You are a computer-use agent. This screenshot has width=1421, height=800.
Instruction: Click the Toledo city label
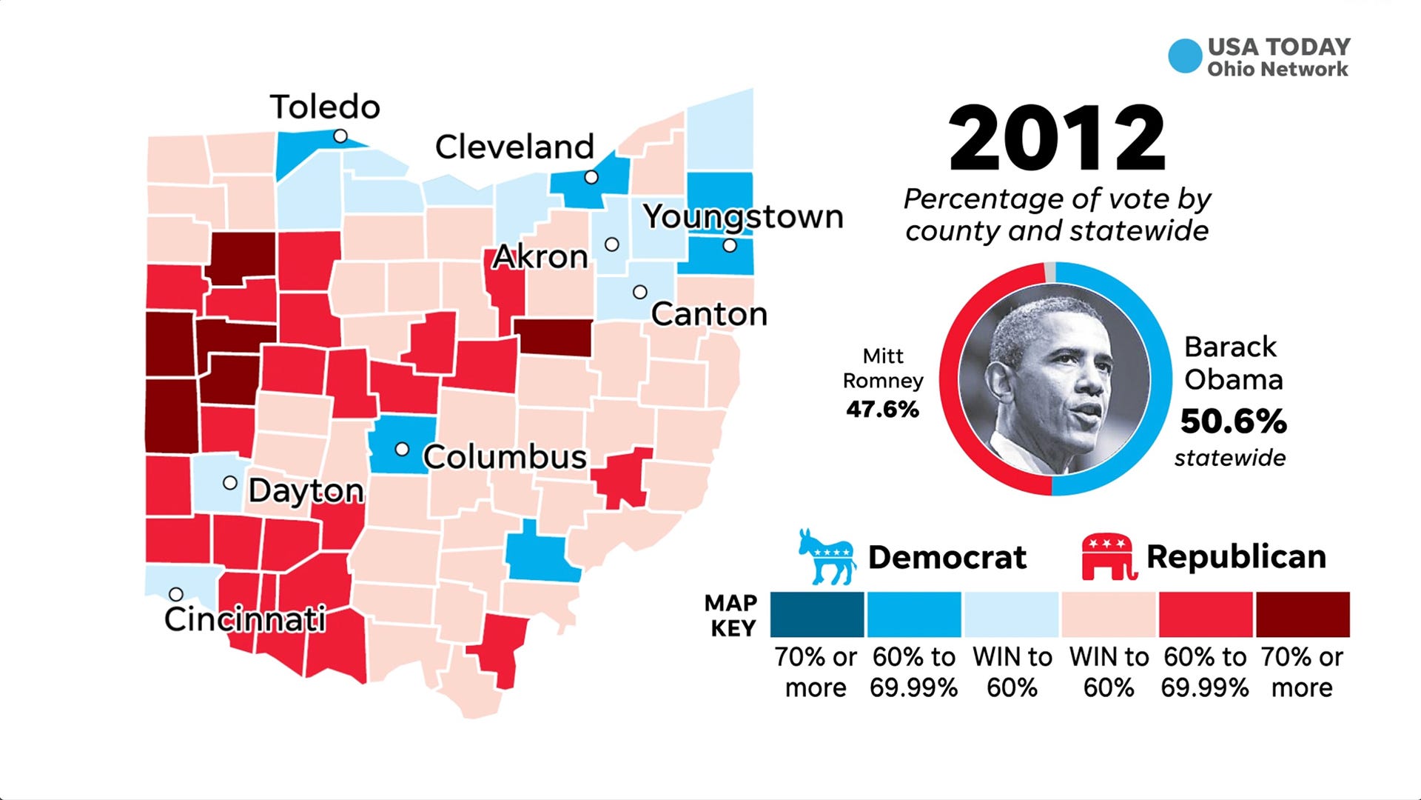pos(325,107)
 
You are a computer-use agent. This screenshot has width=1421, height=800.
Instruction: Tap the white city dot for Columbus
pos(402,449)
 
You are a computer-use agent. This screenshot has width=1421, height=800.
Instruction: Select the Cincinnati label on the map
pos(245,619)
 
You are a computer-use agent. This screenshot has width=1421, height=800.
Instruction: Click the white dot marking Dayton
pos(230,483)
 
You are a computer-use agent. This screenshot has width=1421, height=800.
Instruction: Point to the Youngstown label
pos(743,217)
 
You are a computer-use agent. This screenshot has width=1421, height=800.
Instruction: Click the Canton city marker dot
pos(640,292)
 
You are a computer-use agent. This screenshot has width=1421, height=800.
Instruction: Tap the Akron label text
pos(540,257)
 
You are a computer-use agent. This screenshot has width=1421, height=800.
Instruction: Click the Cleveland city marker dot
pos(591,177)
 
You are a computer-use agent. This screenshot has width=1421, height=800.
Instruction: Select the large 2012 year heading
pos(1057,139)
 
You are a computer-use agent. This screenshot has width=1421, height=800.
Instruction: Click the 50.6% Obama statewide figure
pos(1233,421)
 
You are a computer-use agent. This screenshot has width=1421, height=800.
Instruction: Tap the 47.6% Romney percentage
pos(882,409)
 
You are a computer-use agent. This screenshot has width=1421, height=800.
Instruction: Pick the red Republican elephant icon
pos(1108,557)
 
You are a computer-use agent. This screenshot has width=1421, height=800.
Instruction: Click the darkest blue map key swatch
pos(817,615)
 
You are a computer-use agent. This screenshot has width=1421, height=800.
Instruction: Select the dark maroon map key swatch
pos(1303,615)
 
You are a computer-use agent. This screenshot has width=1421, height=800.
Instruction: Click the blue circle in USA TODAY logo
pos(1185,56)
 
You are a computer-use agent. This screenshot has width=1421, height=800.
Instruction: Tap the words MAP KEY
pos(731,616)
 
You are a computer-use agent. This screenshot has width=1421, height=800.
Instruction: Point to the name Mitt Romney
pos(883,368)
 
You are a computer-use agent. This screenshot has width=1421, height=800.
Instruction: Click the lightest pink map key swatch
pos(1109,615)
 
